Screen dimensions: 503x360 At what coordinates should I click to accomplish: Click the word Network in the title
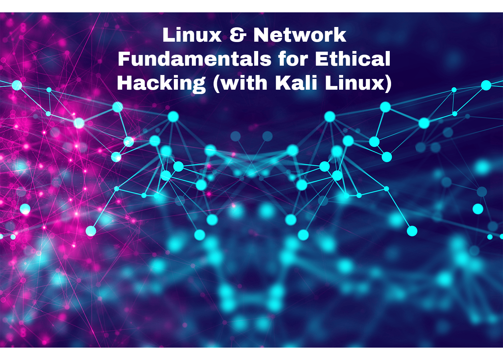point(300,35)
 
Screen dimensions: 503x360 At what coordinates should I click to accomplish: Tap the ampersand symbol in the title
point(237,35)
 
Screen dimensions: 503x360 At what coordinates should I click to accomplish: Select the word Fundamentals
point(195,59)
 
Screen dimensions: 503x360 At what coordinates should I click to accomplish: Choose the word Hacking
point(161,83)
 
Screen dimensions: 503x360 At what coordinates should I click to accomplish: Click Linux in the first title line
point(192,35)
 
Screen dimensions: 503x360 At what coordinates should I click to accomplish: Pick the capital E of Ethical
point(322,59)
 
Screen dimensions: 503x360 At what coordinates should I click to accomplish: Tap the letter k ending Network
point(340,35)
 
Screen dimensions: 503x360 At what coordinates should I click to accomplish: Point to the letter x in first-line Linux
point(216,36)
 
